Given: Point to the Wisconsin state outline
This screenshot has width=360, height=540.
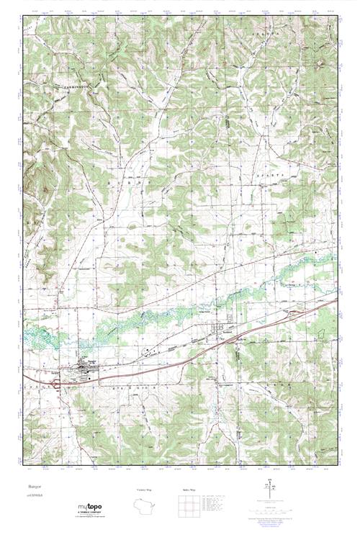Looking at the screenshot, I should click(148, 505).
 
